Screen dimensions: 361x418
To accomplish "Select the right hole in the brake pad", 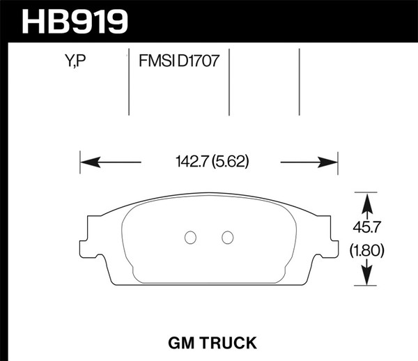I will click(x=227, y=238).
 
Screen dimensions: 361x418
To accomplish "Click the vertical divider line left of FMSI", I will click(x=130, y=82).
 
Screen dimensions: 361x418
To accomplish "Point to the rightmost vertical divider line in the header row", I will click(x=299, y=82).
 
